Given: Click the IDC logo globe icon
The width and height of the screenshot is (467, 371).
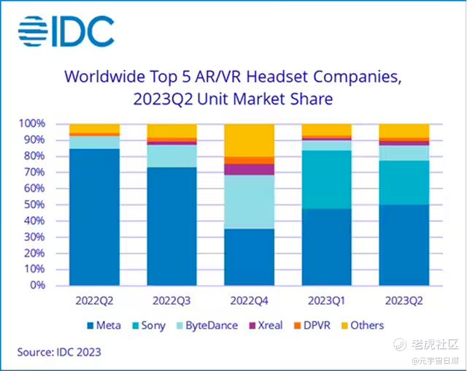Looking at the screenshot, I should click(34, 31).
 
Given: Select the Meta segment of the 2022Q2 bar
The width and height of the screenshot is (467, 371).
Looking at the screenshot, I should click(93, 216).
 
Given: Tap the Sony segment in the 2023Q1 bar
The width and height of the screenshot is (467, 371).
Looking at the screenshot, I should click(326, 180).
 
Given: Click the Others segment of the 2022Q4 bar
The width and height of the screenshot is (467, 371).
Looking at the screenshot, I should click(249, 140).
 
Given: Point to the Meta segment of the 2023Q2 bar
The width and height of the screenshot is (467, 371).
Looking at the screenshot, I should click(403, 245).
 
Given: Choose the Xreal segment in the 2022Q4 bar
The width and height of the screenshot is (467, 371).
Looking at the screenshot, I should click(249, 169).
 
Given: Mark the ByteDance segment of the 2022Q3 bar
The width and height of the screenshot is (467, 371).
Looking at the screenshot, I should click(171, 156).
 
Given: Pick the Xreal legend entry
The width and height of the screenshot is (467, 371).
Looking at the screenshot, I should click(268, 325).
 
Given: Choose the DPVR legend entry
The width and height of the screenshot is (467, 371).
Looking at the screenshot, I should click(315, 325).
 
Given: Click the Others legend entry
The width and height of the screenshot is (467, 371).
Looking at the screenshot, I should click(366, 325).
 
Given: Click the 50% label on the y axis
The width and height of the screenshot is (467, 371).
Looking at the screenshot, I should click(36, 205).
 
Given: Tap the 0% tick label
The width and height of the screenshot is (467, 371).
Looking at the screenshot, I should click(39, 286).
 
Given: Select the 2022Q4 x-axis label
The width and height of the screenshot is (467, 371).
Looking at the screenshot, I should click(249, 300).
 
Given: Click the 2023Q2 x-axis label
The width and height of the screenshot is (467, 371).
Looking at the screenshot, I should click(403, 300).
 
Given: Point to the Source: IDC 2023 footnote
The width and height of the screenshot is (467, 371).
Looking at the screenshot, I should click(60, 353).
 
